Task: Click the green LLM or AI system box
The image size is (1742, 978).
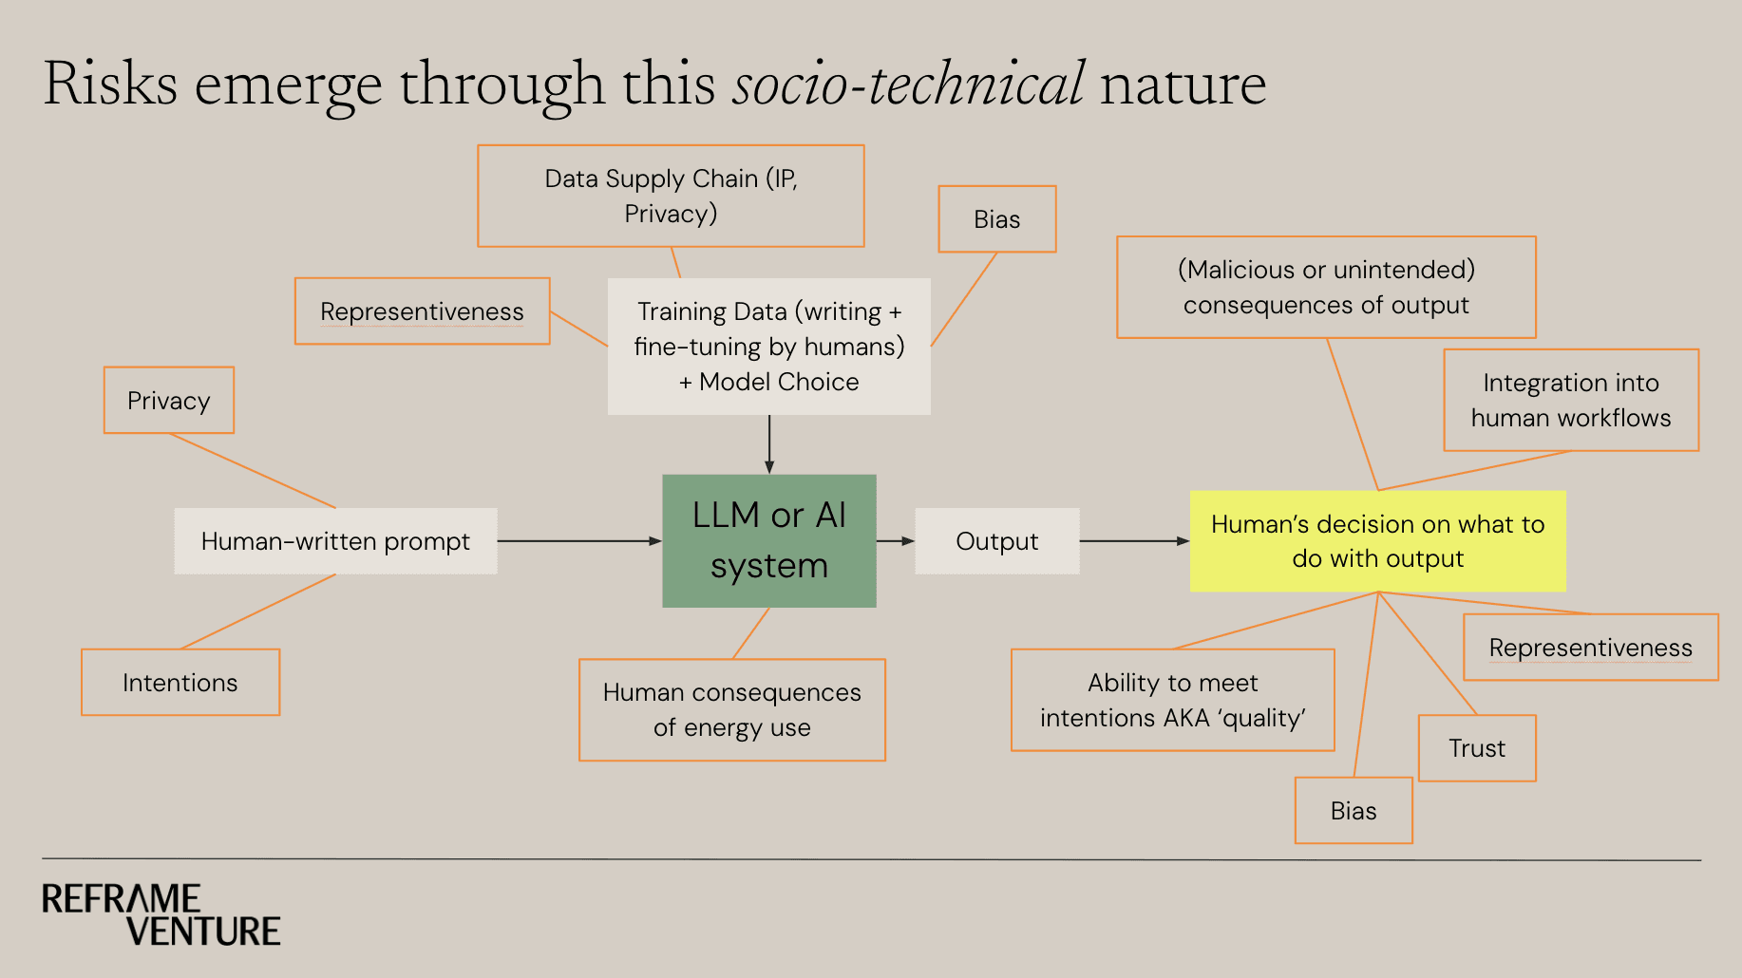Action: [x=768, y=540]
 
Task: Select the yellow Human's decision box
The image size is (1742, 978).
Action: [x=1377, y=540]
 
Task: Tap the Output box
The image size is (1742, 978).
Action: [x=996, y=540]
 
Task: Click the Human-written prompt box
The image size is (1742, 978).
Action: [x=335, y=540]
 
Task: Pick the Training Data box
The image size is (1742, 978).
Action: [x=768, y=347]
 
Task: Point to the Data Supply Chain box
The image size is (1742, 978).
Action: [x=671, y=196]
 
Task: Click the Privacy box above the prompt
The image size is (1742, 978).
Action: [x=168, y=400]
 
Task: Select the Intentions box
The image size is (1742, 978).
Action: [x=180, y=682]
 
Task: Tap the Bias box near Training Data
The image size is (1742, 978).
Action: [x=996, y=218]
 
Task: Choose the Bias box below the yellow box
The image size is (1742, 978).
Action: [x=1353, y=810]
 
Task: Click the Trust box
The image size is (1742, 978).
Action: [x=1476, y=747]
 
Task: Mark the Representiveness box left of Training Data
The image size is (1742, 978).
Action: [x=422, y=310]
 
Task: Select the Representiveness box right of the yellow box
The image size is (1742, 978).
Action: [x=1590, y=647]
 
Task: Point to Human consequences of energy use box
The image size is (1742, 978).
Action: [x=731, y=709]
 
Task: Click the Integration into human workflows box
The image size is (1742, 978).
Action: [x=1570, y=400]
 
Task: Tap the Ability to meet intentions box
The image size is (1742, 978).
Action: [x=1172, y=700]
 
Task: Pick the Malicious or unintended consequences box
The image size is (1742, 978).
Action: [x=1326, y=287]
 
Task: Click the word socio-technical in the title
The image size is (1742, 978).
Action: [x=908, y=84]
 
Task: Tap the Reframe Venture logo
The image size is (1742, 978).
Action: [x=161, y=913]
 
